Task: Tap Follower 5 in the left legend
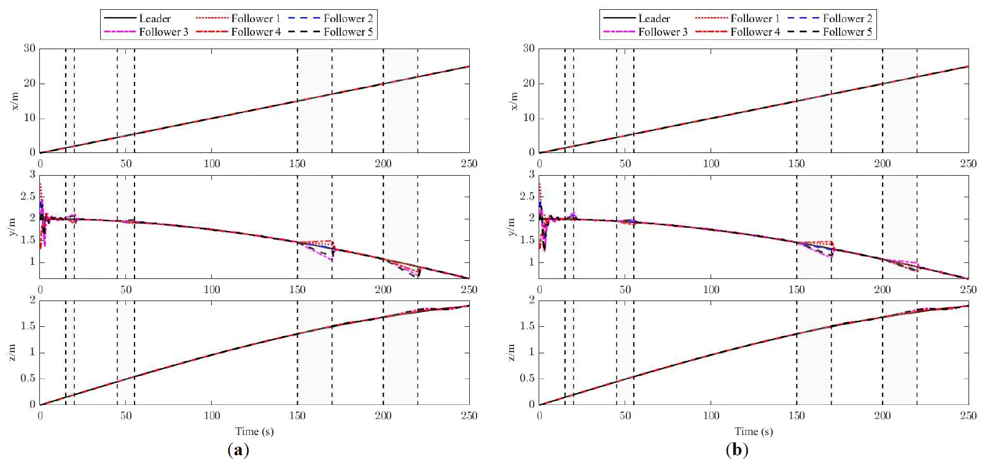pyautogui.click(x=348, y=32)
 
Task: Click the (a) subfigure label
pyautogui.click(x=238, y=450)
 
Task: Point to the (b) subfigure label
pyautogui.click(x=737, y=450)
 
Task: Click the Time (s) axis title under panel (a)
pyautogui.click(x=254, y=431)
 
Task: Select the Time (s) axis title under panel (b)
pyautogui.click(x=754, y=431)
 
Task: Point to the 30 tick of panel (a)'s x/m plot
pyautogui.click(x=29, y=49)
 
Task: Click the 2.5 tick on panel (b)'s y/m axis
pyautogui.click(x=527, y=197)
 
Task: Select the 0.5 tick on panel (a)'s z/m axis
pyautogui.click(x=28, y=379)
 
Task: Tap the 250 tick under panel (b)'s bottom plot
pyautogui.click(x=968, y=416)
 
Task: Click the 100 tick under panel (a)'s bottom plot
pyautogui.click(x=212, y=416)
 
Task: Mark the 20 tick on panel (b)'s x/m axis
pyautogui.click(x=529, y=84)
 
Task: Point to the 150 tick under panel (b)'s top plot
pyautogui.click(x=797, y=164)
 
